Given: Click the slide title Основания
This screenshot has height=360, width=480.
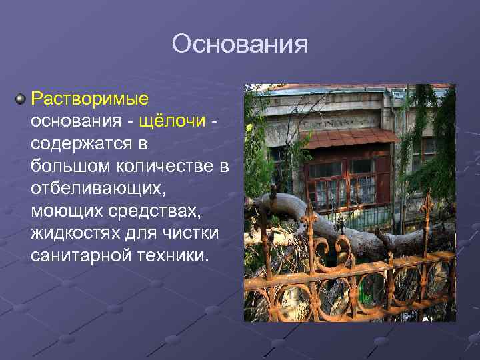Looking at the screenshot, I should coord(239,45).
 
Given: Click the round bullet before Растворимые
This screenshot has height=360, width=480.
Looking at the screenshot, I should coord(21,99).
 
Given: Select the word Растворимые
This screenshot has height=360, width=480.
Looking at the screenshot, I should coord(90,99).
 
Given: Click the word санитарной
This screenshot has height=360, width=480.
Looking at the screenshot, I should coord(81,257).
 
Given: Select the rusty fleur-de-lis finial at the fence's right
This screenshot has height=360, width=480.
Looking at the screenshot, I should coord(425,208).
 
